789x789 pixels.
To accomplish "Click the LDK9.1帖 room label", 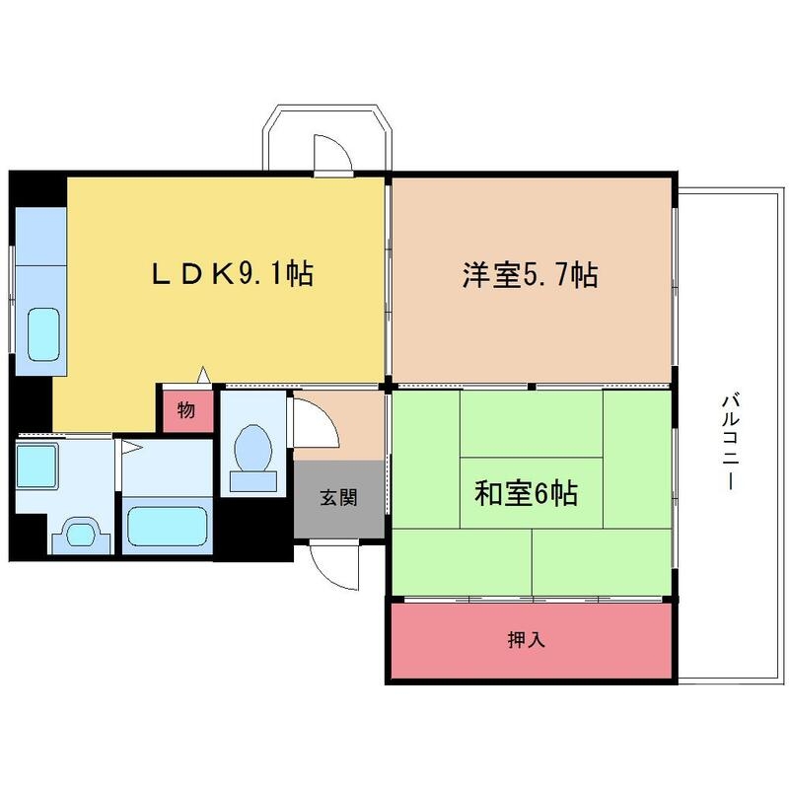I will coord(233,274).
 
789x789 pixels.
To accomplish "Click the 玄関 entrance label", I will coord(337,498).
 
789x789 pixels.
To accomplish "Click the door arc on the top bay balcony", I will coord(330,153).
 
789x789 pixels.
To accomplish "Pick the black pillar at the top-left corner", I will coord(37,188).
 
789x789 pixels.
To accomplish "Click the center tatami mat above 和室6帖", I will coord(531,424).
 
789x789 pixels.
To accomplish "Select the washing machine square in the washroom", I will coord(39,464).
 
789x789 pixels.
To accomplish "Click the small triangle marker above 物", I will coord(203,375).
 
